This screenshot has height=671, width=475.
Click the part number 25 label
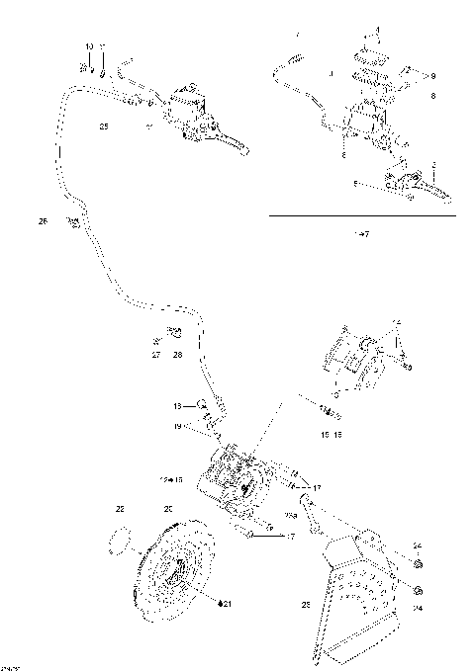[x=104, y=126]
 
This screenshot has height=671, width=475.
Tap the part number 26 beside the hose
[x=43, y=221]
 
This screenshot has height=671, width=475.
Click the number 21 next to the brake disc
[x=225, y=603]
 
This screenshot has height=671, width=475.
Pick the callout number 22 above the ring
[x=120, y=510]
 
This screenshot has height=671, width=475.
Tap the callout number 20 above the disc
[x=168, y=510]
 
